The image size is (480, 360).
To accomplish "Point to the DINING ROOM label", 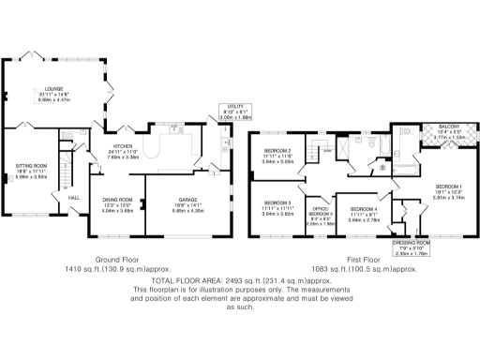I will coord(117,200).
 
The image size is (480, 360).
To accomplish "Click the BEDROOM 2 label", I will coord(277,150).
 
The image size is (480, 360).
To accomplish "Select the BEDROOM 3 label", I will coord(277,202).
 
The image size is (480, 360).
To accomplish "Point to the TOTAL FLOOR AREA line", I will coord(238,279).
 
